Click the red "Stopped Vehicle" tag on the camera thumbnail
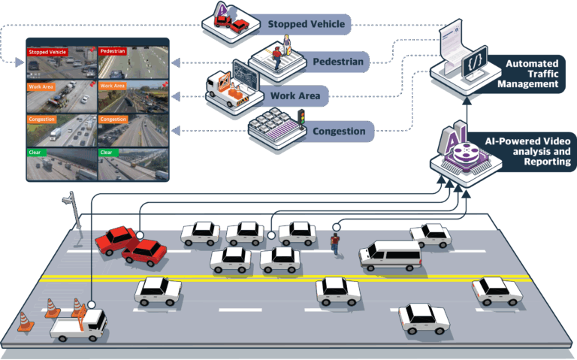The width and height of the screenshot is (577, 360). tap(47, 52)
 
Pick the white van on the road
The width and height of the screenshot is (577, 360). tap(390, 255)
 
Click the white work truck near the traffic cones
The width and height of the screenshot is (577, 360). tap(79, 325)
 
